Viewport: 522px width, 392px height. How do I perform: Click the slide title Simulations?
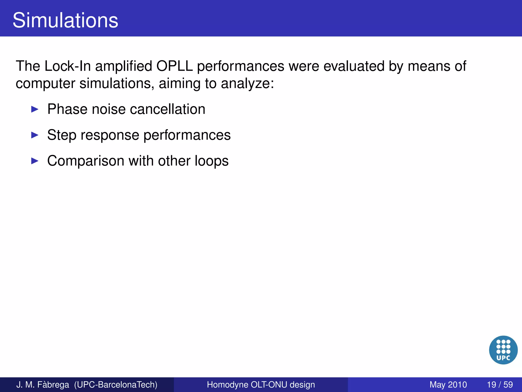tap(65, 20)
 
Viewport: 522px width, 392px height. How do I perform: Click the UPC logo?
tap(503, 350)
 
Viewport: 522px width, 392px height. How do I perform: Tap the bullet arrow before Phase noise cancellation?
tap(35, 109)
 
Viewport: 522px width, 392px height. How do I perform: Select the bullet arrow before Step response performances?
tap(35, 135)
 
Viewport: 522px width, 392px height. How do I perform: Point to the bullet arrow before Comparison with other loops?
tap(35, 161)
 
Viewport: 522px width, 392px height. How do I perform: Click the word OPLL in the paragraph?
tap(175, 66)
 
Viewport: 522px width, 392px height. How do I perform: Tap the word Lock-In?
tap(68, 66)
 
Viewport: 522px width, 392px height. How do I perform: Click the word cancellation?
tap(167, 109)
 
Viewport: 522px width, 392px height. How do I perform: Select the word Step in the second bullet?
tap(62, 135)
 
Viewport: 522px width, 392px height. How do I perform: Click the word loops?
tap(212, 161)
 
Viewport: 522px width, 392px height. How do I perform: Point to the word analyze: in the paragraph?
tap(247, 84)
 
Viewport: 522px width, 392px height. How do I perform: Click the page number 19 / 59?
tap(500, 385)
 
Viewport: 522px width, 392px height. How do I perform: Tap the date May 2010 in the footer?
tap(448, 385)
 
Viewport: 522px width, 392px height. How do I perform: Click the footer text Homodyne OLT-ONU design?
tap(261, 385)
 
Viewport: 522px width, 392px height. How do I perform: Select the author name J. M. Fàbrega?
tap(43, 385)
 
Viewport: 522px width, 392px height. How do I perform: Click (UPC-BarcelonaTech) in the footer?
tap(116, 385)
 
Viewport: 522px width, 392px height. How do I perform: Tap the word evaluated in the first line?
tap(354, 66)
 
